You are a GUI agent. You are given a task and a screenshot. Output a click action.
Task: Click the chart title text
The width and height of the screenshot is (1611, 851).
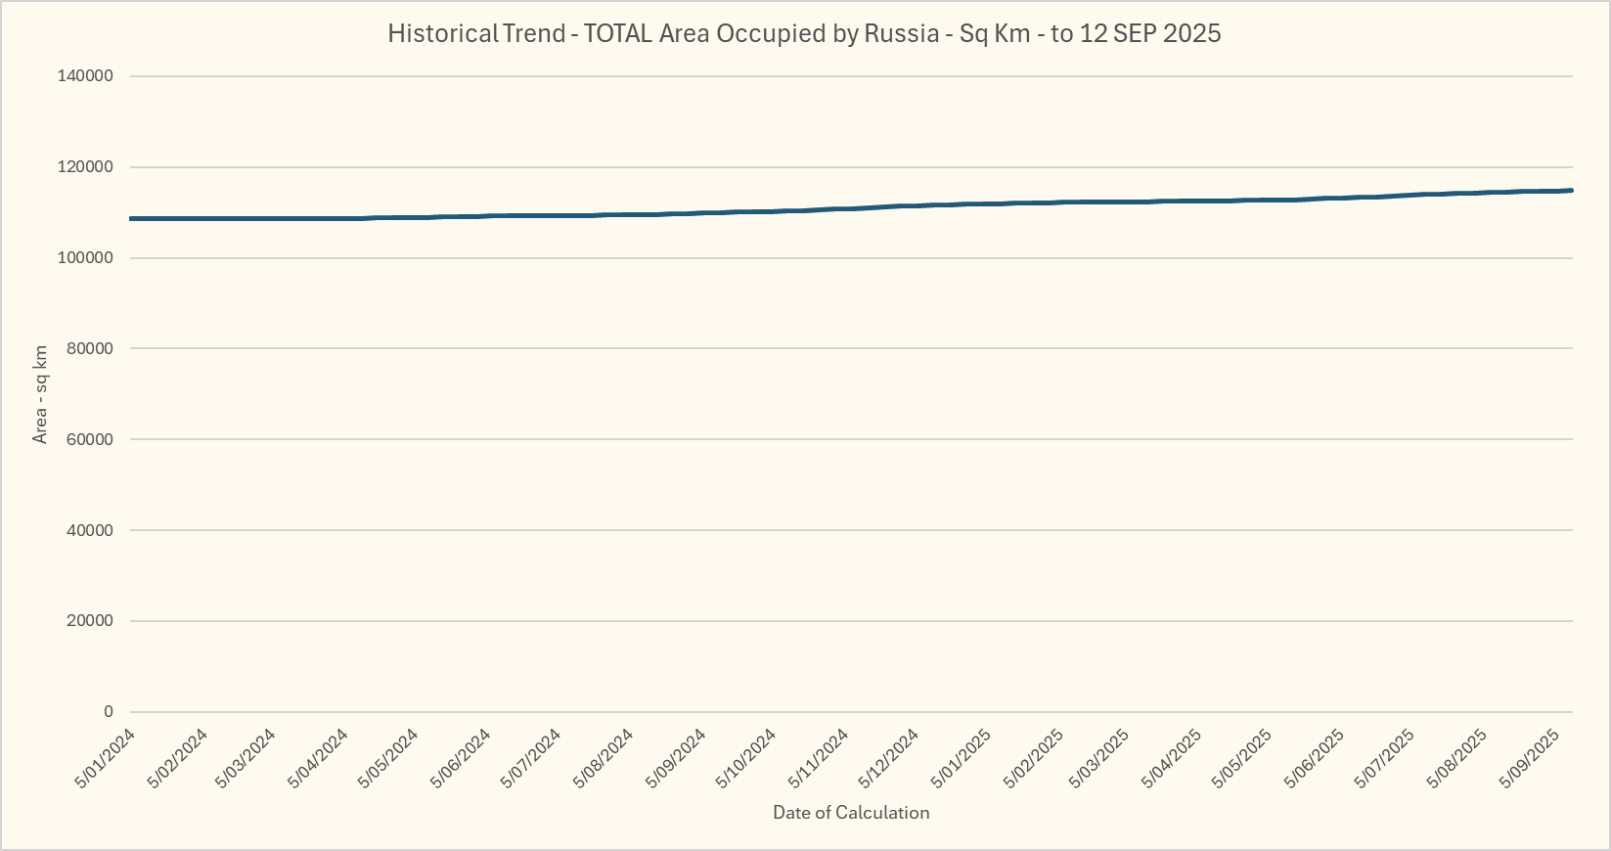tap(804, 33)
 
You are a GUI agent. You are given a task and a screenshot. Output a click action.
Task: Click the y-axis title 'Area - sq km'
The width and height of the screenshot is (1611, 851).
tap(40, 394)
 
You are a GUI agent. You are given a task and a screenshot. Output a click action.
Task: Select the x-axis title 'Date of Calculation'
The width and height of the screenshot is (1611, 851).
tap(851, 812)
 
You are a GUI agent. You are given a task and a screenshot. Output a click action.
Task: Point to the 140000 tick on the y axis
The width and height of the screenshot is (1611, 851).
tap(87, 76)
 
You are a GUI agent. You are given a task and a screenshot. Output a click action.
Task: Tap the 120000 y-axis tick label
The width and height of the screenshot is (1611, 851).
tap(87, 167)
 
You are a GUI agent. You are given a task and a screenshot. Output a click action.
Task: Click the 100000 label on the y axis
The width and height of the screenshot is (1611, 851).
tap(87, 258)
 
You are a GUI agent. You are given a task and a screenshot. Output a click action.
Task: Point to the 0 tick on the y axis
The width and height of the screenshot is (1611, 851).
tap(108, 712)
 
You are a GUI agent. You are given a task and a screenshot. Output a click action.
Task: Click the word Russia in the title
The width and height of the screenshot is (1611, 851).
tap(901, 33)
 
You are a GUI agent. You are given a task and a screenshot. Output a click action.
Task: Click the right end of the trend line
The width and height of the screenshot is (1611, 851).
tap(1571, 191)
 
